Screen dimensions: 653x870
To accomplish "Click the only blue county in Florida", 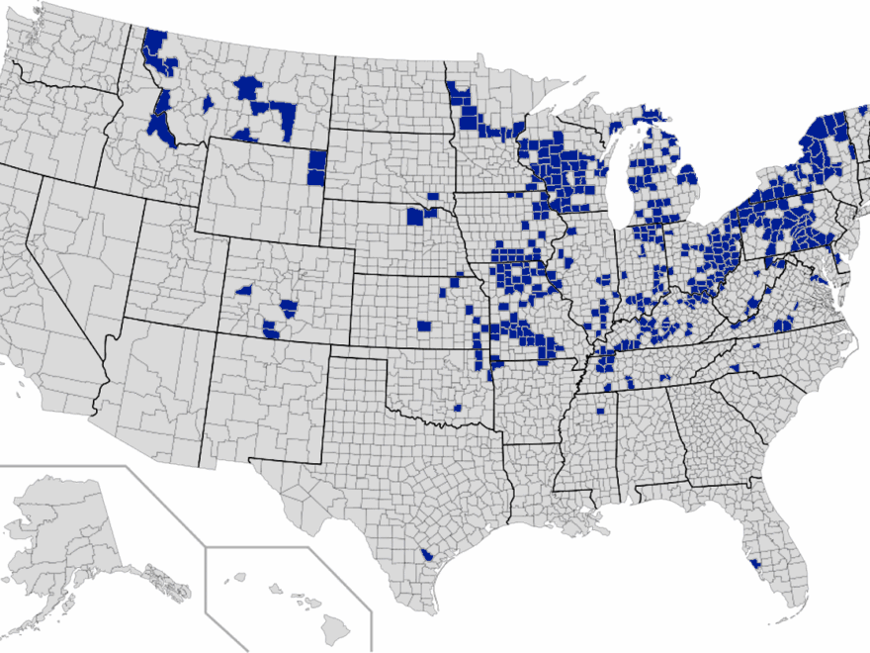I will (756, 563).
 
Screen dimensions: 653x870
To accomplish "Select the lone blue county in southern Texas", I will (425, 556).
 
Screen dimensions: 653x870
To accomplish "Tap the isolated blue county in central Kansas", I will (424, 326).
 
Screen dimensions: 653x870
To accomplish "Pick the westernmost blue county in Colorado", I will (243, 291).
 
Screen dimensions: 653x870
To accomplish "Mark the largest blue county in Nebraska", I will (416, 216).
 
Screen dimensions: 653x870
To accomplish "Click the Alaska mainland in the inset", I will (59, 524).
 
